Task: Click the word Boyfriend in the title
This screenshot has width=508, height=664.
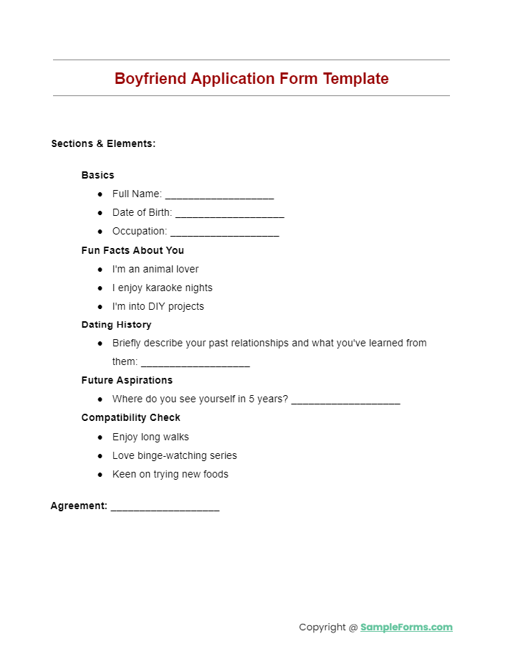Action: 150,79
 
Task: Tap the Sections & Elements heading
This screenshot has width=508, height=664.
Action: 103,143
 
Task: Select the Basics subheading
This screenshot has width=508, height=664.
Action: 97,175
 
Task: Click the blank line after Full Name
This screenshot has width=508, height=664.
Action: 219,196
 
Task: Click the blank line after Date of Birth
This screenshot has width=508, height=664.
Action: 229,214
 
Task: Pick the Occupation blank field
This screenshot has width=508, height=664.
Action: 224,233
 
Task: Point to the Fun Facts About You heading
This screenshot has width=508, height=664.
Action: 133,250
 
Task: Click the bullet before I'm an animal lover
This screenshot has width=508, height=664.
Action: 100,270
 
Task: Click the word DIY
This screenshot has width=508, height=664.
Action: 157,306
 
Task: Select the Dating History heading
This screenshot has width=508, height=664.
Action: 116,325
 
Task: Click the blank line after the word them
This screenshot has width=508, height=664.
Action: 195,364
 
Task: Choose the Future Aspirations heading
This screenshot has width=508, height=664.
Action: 127,380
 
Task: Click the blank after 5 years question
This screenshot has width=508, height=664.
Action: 345,401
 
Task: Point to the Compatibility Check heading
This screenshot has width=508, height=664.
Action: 130,417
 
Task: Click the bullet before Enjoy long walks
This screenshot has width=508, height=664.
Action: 100,437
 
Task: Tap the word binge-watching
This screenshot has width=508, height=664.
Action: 171,455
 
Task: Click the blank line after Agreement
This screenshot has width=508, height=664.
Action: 165,508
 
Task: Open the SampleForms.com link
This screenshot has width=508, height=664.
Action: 406,627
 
